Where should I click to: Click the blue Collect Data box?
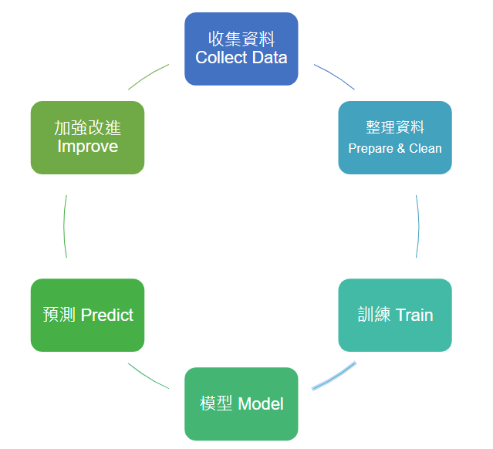tap(241, 49)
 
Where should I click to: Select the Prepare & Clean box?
tap(395, 137)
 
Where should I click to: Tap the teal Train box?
tap(395, 315)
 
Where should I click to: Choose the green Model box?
tap(241, 403)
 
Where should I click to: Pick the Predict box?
tap(87, 315)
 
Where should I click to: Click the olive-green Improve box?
tap(87, 137)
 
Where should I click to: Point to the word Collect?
tap(221, 58)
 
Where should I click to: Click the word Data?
tap(269, 58)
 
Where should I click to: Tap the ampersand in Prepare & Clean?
tap(401, 148)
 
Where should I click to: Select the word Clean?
tap(425, 148)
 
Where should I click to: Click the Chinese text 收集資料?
tap(241, 39)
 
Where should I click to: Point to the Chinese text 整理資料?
tap(395, 127)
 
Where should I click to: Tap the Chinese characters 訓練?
tap(374, 315)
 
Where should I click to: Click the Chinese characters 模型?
tap(216, 403)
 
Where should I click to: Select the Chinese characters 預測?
tap(59, 315)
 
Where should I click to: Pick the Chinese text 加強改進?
tap(88, 128)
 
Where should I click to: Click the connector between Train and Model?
tap(335, 376)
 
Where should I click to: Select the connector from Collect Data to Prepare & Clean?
tap(335, 76)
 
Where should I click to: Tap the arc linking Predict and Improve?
tap(64, 226)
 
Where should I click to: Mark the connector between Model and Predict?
tap(148, 377)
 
